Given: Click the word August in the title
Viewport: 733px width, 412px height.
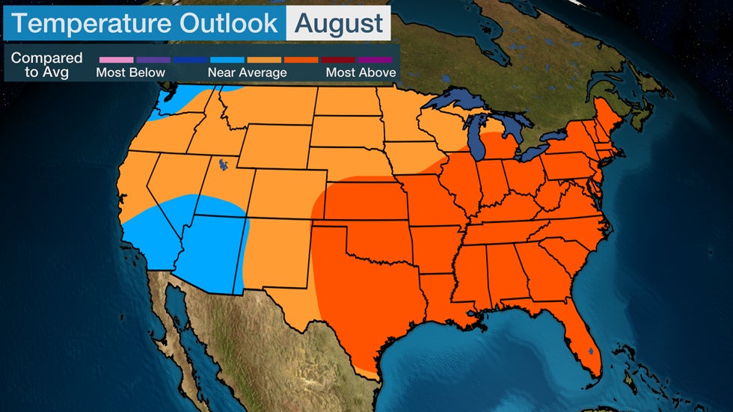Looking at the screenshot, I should tap(338, 22).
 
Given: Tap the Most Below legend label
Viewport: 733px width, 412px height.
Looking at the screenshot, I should tap(130, 73).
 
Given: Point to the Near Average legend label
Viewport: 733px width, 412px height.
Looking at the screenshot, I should tap(247, 73).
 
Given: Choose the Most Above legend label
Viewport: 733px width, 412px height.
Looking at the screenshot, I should tap(360, 73).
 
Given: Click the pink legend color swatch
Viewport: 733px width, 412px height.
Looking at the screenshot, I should tap(116, 58).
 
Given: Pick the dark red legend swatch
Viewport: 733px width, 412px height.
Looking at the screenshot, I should tap(337, 58).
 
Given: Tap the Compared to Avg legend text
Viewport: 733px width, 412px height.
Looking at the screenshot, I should tap(47, 65).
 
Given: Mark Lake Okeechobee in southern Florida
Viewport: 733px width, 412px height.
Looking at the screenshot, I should tap(590, 350).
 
